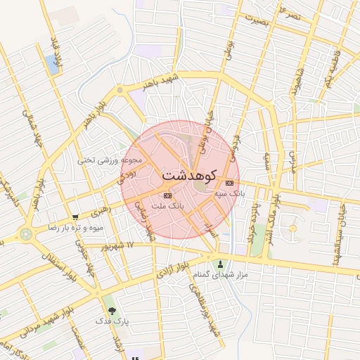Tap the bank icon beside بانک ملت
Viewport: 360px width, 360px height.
click(x=167, y=195)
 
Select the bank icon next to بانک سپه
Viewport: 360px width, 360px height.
click(x=230, y=183)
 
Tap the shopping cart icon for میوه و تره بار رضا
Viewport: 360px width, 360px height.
click(x=75, y=217)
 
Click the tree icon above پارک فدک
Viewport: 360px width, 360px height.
click(x=110, y=310)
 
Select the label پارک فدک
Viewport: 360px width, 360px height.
click(x=110, y=320)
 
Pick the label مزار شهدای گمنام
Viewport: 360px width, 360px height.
click(x=221, y=274)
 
